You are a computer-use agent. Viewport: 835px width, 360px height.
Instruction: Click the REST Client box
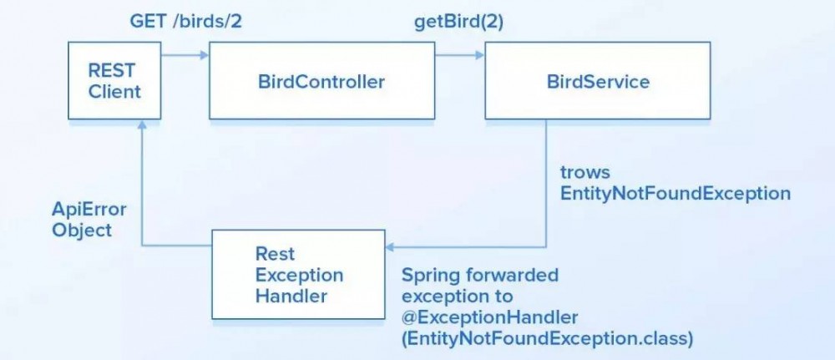pos(115,81)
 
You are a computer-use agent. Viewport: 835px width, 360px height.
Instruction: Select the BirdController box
pos(321,81)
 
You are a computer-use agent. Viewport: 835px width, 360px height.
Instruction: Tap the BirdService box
pos(597,81)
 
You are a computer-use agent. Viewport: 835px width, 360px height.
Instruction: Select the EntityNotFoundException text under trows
pos(675,193)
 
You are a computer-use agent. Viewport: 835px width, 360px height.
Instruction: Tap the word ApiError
pos(89,209)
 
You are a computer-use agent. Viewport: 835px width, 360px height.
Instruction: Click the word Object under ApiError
pos(82,230)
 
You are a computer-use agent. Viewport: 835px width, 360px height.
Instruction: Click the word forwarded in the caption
pos(509,275)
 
